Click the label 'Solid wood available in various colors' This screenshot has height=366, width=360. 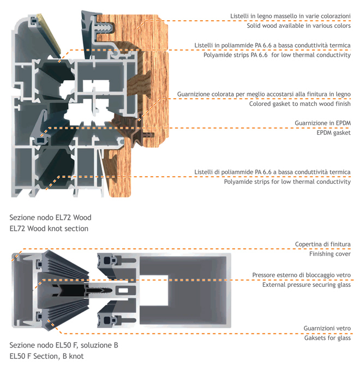[x=298, y=26]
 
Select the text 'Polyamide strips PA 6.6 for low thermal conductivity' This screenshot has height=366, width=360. [x=277, y=55]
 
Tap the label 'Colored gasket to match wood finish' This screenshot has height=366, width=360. [x=300, y=104]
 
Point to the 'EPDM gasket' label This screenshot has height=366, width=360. [x=334, y=133]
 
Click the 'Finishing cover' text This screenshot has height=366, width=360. [x=330, y=254]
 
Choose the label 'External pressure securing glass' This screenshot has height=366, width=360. [x=307, y=285]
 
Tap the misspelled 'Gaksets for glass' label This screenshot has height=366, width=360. [x=327, y=338]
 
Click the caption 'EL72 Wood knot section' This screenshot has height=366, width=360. [x=49, y=229]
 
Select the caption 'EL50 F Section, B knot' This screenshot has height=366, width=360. [x=46, y=356]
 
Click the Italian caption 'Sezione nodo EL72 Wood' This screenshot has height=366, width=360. [x=50, y=218]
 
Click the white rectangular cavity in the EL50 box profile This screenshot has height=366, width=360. [x=154, y=290]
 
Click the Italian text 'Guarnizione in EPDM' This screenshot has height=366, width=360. [x=323, y=123]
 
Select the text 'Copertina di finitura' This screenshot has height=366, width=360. [x=323, y=244]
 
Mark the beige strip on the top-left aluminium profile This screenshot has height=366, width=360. [x=49, y=35]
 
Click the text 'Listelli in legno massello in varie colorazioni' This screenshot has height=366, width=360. [x=290, y=16]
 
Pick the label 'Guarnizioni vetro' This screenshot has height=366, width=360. [x=327, y=328]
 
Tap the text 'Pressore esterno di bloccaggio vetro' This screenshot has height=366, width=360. [x=302, y=275]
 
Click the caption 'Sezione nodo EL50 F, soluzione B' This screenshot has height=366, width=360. [x=64, y=345]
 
